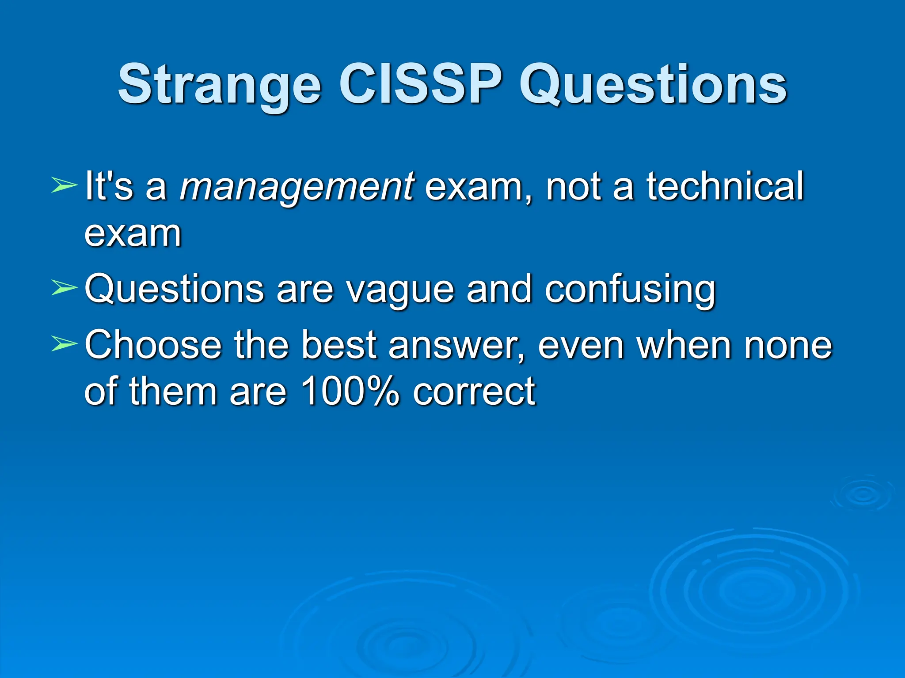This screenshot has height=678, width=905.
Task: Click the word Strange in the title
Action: coord(219,85)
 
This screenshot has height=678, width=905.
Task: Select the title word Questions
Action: coord(653,85)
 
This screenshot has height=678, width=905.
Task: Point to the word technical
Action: coord(725,185)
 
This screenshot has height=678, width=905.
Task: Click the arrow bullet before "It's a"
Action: coord(64,185)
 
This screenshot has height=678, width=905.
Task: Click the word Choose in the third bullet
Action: coord(153,344)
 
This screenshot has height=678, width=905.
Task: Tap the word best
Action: coord(339,344)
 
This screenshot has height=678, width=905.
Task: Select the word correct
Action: coord(474,391)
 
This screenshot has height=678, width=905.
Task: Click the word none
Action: coord(788,345)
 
